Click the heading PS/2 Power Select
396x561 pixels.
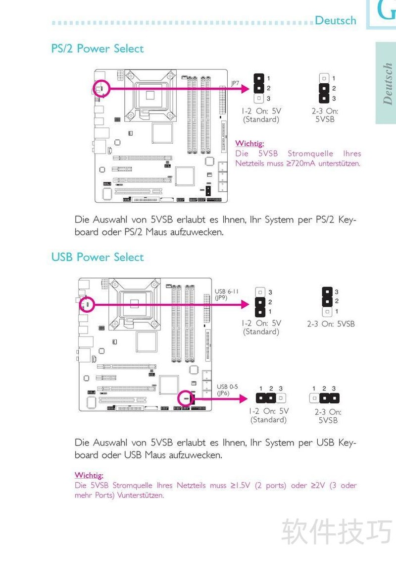pos(97,49)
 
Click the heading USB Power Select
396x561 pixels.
pos(97,257)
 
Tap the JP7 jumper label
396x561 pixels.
pos(235,83)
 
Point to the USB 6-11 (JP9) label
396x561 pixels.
pos(226,294)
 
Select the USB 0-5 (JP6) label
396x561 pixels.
pos(227,390)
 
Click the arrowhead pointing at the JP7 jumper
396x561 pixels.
pos(246,88)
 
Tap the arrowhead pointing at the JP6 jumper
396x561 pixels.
pos(244,398)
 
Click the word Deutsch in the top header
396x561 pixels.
pos(335,20)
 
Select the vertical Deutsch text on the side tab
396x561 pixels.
pos(387,84)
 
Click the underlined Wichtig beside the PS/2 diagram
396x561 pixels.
pos(249,143)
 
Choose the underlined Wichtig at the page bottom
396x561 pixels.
pos(89,475)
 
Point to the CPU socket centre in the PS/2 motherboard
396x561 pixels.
pos(150,95)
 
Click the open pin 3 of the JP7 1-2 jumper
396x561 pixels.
pos(259,98)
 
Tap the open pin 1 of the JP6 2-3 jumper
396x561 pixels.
pos(314,398)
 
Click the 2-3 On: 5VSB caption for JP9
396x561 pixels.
pos(331,324)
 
